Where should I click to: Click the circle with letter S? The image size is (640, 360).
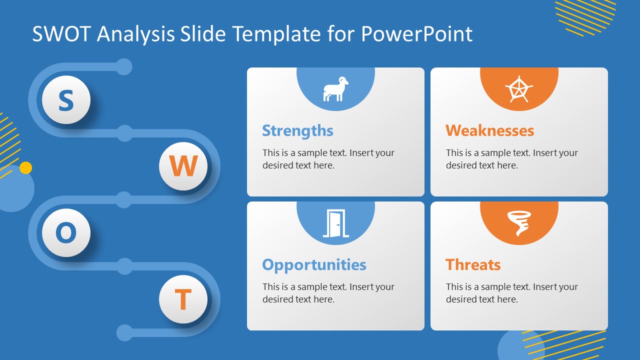(66, 100)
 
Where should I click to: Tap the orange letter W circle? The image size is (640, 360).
(183, 166)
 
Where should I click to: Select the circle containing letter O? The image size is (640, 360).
(66, 233)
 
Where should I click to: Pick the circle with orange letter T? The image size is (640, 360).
(183, 299)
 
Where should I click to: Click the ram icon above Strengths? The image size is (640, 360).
(335, 89)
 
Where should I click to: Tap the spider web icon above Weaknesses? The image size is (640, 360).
(519, 89)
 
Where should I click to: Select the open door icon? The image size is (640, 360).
(335, 223)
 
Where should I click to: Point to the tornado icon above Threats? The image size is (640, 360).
(519, 223)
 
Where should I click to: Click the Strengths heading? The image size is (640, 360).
(297, 130)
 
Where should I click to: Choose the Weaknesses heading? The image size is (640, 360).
(489, 130)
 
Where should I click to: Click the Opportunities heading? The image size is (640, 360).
(314, 264)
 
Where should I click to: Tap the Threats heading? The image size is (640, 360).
(472, 264)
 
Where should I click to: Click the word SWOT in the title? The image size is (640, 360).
(62, 34)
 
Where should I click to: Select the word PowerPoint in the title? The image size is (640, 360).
(416, 34)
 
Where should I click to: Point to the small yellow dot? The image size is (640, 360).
(25, 168)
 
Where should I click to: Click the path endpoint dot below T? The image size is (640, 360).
(124, 332)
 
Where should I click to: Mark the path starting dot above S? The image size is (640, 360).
(124, 67)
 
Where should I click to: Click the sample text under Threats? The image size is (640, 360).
(511, 293)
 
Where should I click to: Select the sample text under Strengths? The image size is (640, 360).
(328, 159)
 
